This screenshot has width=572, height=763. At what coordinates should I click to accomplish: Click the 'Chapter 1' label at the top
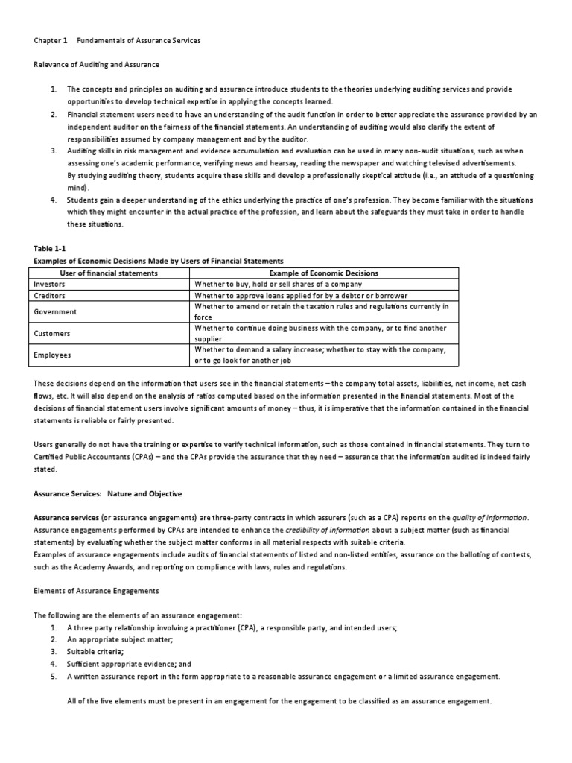click(x=50, y=40)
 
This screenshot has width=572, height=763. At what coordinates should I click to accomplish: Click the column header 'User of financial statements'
click(x=109, y=273)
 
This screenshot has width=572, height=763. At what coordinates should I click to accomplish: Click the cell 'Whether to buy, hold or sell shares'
click(x=278, y=284)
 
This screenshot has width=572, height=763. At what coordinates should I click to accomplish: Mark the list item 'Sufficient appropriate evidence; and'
click(x=129, y=663)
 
